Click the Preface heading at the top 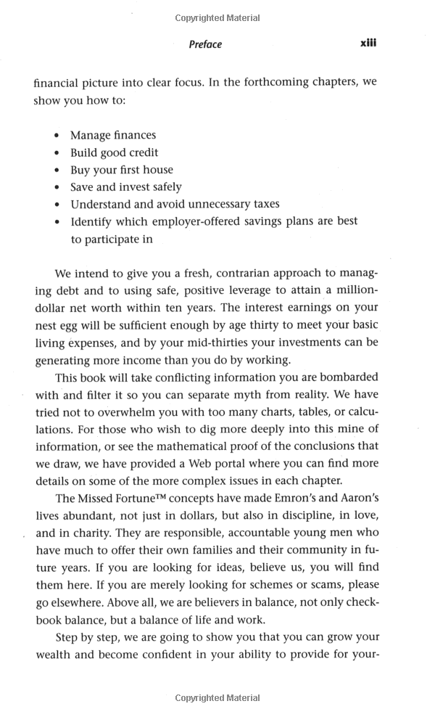pos(205,44)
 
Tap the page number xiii pos(368,44)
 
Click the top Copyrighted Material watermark pos(217,17)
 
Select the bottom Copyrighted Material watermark pos(217,698)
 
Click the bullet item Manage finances pos(112,135)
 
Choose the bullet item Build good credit pos(114,152)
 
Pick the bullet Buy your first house pos(121,170)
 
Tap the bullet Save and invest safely pos(125,187)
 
